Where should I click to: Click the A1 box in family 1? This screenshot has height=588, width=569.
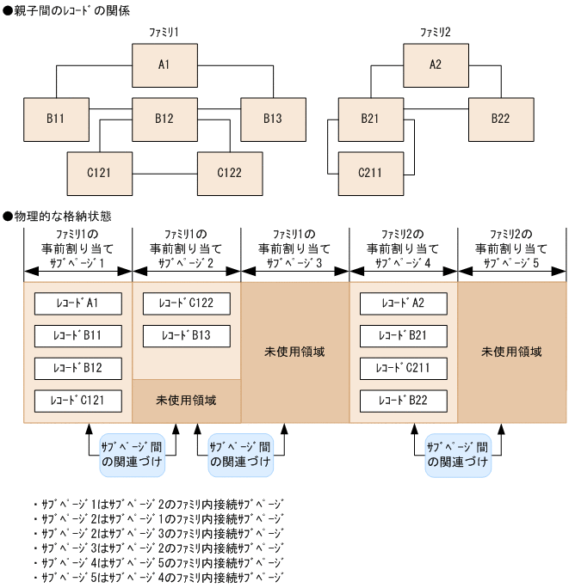pyautogui.click(x=164, y=64)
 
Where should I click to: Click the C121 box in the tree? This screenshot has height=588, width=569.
pyautogui.click(x=99, y=173)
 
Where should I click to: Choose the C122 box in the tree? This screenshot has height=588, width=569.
pyautogui.click(x=229, y=173)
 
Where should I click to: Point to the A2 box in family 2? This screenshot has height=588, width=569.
pyautogui.click(x=436, y=64)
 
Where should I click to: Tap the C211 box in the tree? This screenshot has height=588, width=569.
pyautogui.click(x=370, y=173)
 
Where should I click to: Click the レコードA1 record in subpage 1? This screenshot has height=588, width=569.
pyautogui.click(x=77, y=303)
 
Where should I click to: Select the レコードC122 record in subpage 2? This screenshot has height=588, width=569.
pyautogui.click(x=186, y=303)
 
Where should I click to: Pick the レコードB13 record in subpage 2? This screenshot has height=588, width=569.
pyautogui.click(x=186, y=335)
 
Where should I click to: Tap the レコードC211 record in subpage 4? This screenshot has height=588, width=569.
pyautogui.click(x=403, y=368)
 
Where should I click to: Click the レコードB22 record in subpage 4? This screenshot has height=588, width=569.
pyautogui.click(x=403, y=401)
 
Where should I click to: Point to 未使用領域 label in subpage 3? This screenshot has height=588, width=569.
pyautogui.click(x=294, y=352)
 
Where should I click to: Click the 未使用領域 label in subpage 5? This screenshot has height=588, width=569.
pyautogui.click(x=512, y=352)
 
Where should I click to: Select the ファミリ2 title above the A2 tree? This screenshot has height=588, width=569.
pyautogui.click(x=436, y=31)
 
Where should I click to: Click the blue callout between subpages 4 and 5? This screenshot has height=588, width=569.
pyautogui.click(x=458, y=455)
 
